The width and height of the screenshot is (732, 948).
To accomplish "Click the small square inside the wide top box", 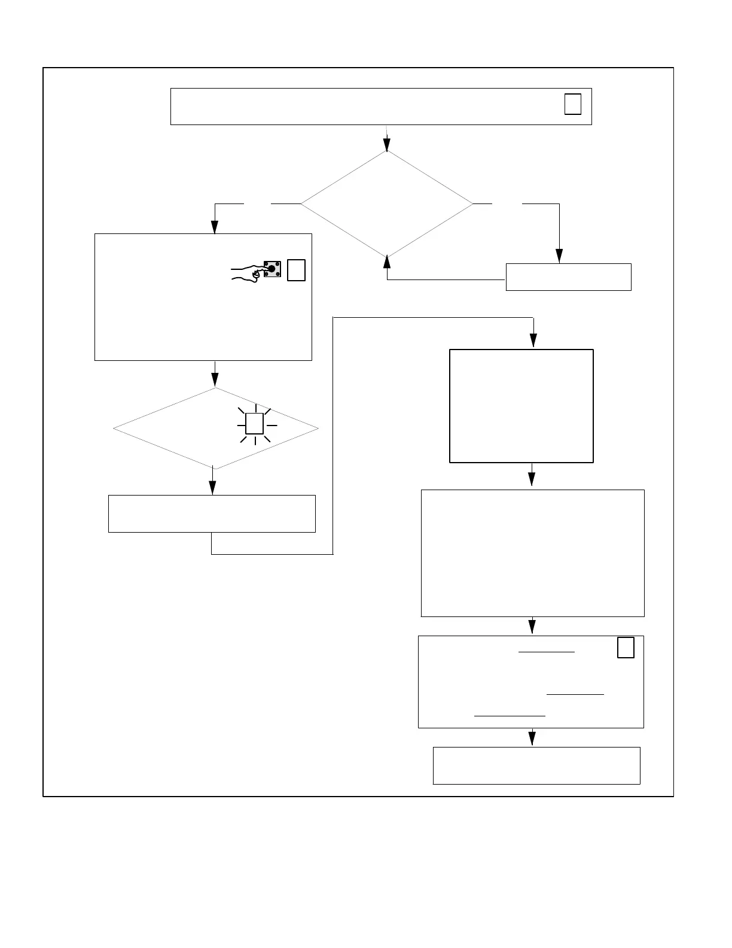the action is (573, 104).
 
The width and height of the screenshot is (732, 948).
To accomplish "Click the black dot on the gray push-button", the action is (272, 269).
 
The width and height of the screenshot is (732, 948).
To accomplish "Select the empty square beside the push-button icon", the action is (296, 270).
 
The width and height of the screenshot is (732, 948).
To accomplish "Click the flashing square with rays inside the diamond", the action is (255, 424).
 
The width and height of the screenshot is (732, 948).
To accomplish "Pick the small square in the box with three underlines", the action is (626, 648).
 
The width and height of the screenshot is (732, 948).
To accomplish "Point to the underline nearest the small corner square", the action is (546, 651).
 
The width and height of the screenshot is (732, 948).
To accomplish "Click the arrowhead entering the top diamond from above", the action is (387, 145).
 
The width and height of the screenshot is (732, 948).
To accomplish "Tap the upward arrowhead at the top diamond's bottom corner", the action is (387, 262).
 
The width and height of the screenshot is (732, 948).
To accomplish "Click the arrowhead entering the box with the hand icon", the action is (215, 227).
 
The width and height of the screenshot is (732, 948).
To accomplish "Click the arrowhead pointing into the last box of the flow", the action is (532, 739).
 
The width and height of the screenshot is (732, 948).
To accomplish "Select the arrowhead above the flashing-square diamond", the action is (215, 380).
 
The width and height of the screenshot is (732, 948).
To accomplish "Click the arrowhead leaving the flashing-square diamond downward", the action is (212, 488).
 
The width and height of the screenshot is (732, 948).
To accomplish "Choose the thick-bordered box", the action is (521, 406).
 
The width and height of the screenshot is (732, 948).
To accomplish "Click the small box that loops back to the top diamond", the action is (568, 277).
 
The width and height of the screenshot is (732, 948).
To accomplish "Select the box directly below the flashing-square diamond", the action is (212, 513).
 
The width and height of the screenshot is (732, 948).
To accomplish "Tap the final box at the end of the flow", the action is (536, 765).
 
